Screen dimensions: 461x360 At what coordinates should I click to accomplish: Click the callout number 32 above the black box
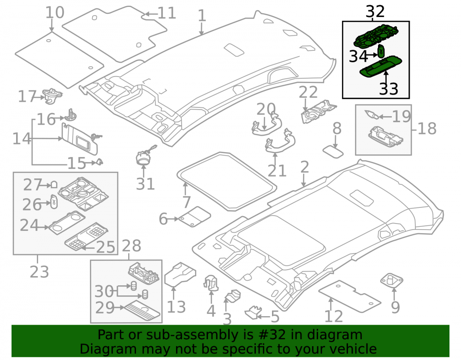click(375, 12)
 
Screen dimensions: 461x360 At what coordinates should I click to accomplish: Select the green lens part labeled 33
click(381, 67)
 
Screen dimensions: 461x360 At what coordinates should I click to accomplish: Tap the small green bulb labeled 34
click(381, 52)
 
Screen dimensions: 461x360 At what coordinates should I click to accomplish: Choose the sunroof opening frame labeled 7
click(226, 181)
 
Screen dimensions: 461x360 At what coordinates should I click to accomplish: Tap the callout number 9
click(396, 307)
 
